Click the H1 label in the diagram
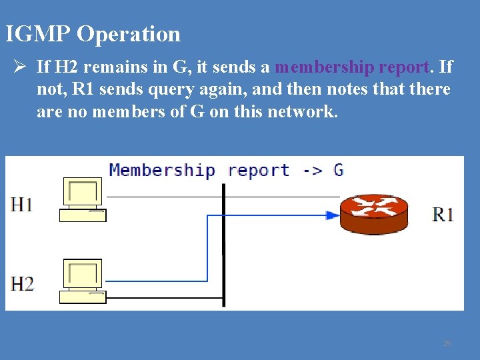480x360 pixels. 22,204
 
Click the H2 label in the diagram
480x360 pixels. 22,284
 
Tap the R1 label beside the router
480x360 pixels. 443,214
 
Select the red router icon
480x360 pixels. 373,214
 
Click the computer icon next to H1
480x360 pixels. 83,199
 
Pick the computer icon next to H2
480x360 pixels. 83,281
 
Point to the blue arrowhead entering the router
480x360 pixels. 332,215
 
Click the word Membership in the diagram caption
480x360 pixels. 162,170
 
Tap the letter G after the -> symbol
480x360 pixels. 339,169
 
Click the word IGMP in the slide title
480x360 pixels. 38,33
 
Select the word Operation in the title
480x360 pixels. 129,33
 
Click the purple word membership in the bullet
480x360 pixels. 325,67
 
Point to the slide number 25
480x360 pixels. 447,343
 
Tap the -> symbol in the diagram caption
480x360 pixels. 312,170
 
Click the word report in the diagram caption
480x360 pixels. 258,171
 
